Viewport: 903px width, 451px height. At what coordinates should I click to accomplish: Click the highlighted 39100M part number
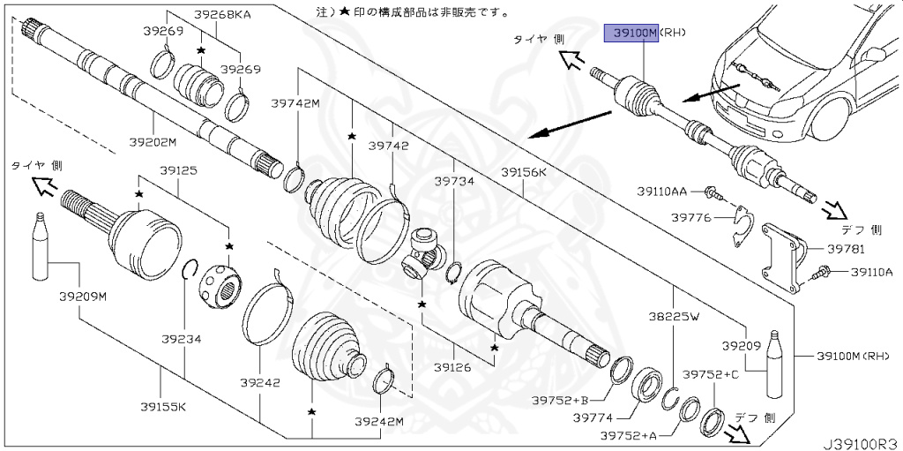tap(630, 34)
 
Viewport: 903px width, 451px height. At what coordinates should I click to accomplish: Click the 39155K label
tap(162, 406)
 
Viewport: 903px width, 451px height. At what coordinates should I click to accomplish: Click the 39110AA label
tap(662, 190)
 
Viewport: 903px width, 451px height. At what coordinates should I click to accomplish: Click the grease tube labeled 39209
tap(775, 363)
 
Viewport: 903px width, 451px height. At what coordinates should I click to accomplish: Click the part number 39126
tap(452, 365)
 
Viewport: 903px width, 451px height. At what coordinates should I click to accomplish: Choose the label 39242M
tap(378, 422)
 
